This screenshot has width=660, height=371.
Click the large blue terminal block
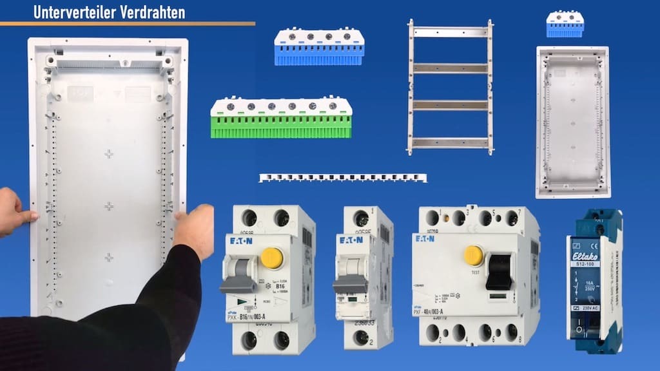point(319,47)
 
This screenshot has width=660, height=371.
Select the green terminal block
point(281,118)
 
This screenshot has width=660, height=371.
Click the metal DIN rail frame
point(450,86)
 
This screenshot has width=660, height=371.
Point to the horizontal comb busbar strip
point(342,178)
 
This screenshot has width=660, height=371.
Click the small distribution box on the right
point(572,122)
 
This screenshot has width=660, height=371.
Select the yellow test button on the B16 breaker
point(272,258)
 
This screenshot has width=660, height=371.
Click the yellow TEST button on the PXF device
point(474,255)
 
